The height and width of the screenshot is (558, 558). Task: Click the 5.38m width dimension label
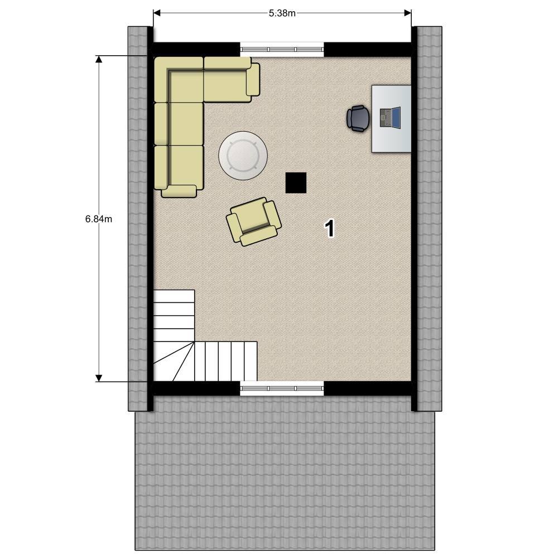282,13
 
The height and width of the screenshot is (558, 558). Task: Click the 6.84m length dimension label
99,219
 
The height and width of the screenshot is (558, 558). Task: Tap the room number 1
330,228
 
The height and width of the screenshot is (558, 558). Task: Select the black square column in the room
296,183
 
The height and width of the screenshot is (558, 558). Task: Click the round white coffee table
243,156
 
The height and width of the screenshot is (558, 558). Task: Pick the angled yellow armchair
254,222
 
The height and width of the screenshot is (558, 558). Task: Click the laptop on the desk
390,117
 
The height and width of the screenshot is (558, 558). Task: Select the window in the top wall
282,50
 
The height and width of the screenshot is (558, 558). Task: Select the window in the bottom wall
282,388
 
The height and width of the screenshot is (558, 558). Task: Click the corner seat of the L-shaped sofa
179,80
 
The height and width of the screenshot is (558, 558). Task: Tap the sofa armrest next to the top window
253,79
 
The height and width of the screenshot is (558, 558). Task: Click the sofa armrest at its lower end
179,191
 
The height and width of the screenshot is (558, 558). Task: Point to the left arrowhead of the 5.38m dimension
157,13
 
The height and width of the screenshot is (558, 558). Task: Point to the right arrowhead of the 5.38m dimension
408,13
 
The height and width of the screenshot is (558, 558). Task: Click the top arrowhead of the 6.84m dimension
99,59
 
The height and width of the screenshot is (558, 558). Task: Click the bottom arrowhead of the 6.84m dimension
99,378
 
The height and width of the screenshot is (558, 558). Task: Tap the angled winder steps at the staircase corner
174,361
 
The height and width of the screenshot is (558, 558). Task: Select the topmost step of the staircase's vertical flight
174,296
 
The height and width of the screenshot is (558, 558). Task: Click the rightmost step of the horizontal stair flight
251,361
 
